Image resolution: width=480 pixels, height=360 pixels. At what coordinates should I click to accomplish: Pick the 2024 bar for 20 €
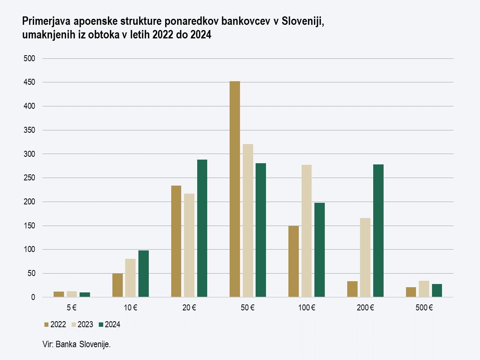(202, 228)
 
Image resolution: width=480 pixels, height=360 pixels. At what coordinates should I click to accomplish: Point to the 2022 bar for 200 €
(352, 289)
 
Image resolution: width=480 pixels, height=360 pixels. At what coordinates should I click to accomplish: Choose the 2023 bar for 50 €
(248, 220)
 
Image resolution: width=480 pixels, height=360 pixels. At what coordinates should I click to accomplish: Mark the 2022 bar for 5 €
(59, 294)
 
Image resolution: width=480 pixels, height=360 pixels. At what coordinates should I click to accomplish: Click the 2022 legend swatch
(46, 325)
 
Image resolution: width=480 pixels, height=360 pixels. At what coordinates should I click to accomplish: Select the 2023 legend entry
(82, 325)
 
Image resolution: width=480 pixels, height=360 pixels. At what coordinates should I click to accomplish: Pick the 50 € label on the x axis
(248, 308)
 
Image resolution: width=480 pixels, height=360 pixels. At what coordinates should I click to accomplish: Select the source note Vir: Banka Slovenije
(76, 344)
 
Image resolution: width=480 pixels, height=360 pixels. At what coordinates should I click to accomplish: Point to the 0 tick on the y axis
(34, 297)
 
